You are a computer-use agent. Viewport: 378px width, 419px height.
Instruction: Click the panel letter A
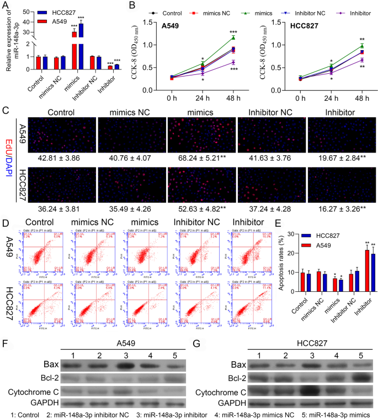tap(5, 6)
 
